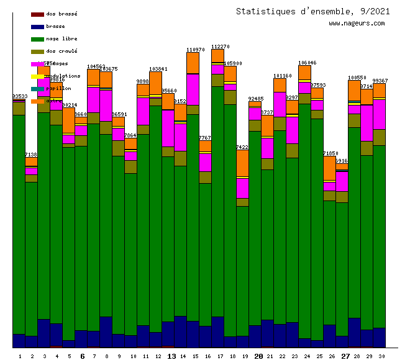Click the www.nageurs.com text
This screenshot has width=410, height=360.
pos(357,24)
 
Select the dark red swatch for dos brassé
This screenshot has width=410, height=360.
pos(37,14)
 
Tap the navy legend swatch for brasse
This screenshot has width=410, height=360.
pos(37,26)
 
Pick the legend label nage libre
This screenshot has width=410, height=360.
pos(61,38)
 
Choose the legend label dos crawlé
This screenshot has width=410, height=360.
pos(61,51)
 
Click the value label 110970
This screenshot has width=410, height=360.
pos(196,50)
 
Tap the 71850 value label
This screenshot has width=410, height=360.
pos(330,153)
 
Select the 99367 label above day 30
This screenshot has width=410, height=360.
pos(380,81)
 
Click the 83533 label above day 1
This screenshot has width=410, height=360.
pos(19,96)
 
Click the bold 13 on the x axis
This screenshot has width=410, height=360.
pos(172,356)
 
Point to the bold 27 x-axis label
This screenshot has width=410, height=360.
pos(345,356)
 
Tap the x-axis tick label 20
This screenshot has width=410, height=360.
pos(258,356)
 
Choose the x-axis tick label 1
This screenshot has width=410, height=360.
pos(19,356)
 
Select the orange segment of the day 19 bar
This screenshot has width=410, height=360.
pos(242,163)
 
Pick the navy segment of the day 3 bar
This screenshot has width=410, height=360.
pos(43,333)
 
